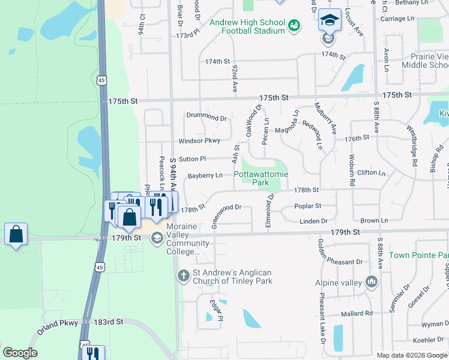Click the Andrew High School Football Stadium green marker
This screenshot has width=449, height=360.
(294, 25)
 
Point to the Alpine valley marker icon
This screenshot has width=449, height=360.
(370, 281)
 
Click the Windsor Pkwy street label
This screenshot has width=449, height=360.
(199, 142)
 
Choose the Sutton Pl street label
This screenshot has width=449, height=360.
(192, 159)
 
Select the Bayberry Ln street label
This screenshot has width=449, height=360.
(205, 176)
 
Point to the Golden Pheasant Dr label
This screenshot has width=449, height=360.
(340, 262)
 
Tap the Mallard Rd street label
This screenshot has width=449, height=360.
(356, 313)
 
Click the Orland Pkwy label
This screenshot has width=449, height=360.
(58, 323)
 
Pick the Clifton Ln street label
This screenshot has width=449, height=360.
(371, 173)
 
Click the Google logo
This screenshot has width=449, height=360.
(20, 352)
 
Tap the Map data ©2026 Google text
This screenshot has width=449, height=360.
(412, 355)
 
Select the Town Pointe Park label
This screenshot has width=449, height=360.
(419, 255)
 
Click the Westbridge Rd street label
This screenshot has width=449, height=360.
(413, 146)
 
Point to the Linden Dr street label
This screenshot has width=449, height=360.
(313, 221)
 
